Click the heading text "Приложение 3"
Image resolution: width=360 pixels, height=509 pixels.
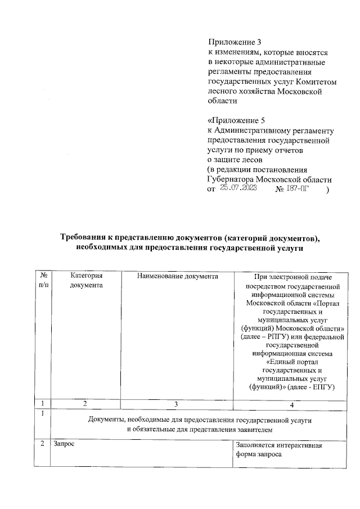pos(235,42)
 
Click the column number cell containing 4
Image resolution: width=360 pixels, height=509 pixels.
pos(292,403)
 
